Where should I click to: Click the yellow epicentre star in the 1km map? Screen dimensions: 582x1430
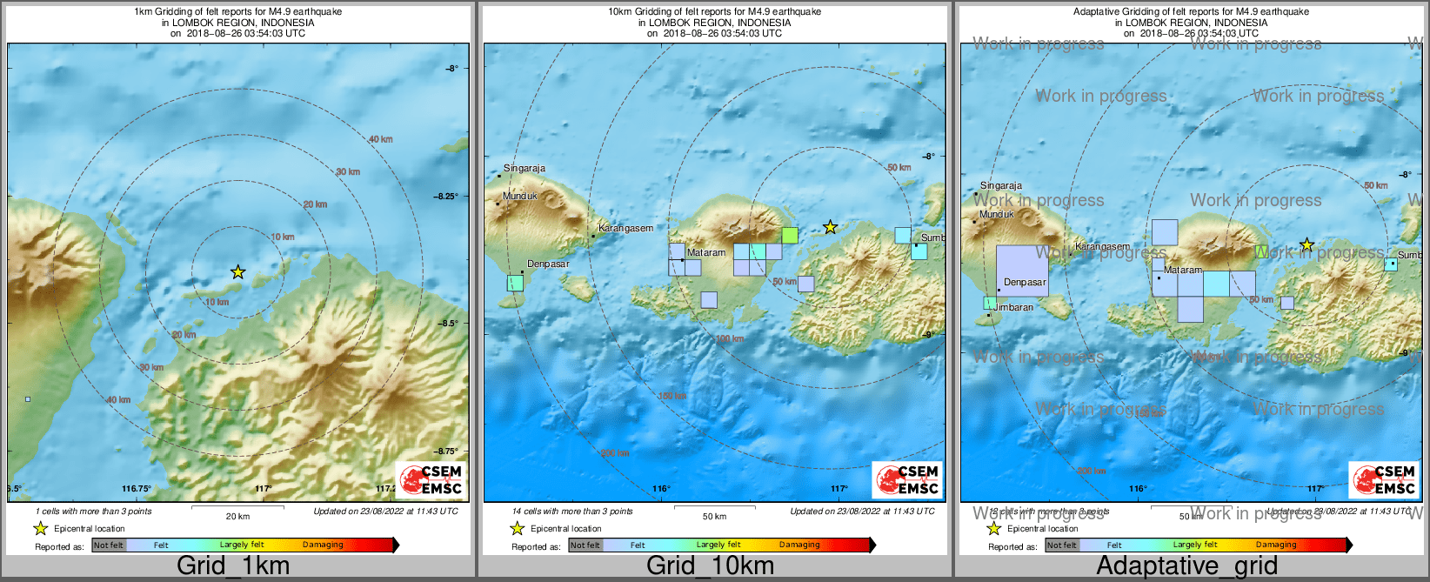point(238,272)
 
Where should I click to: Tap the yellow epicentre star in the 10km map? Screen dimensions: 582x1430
point(830,227)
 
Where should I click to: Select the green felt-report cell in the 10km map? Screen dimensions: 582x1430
point(790,235)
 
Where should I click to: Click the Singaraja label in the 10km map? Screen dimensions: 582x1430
point(525,169)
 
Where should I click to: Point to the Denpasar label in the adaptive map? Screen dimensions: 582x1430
point(1025,282)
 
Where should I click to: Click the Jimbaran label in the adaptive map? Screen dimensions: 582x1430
point(1014,307)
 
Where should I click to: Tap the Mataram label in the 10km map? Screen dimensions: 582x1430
point(706,252)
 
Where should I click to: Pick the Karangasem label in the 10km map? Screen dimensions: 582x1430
point(625,228)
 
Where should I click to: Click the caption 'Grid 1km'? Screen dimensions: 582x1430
point(232,565)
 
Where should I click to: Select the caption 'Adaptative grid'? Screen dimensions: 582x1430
point(1186,565)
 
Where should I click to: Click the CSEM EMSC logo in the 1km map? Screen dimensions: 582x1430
point(431,479)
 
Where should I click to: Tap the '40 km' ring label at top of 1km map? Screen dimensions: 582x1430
point(380,139)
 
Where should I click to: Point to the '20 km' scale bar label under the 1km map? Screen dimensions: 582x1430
point(237,516)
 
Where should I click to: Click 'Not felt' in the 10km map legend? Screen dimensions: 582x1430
point(585,545)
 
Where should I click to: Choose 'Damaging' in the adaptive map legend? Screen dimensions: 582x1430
point(1276,545)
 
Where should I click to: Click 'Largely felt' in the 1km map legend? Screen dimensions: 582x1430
point(242,545)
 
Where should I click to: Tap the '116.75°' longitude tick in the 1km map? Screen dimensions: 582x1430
point(137,489)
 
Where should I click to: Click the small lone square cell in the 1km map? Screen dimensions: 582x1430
point(28,399)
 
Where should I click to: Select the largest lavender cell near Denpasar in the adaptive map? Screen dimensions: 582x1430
point(1022,271)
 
